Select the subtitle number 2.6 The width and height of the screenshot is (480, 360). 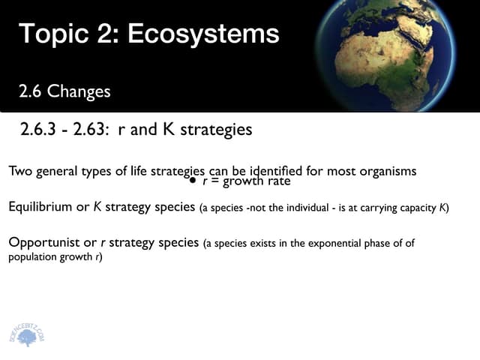click(x=31, y=91)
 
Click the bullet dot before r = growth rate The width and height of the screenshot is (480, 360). click(x=192, y=181)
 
